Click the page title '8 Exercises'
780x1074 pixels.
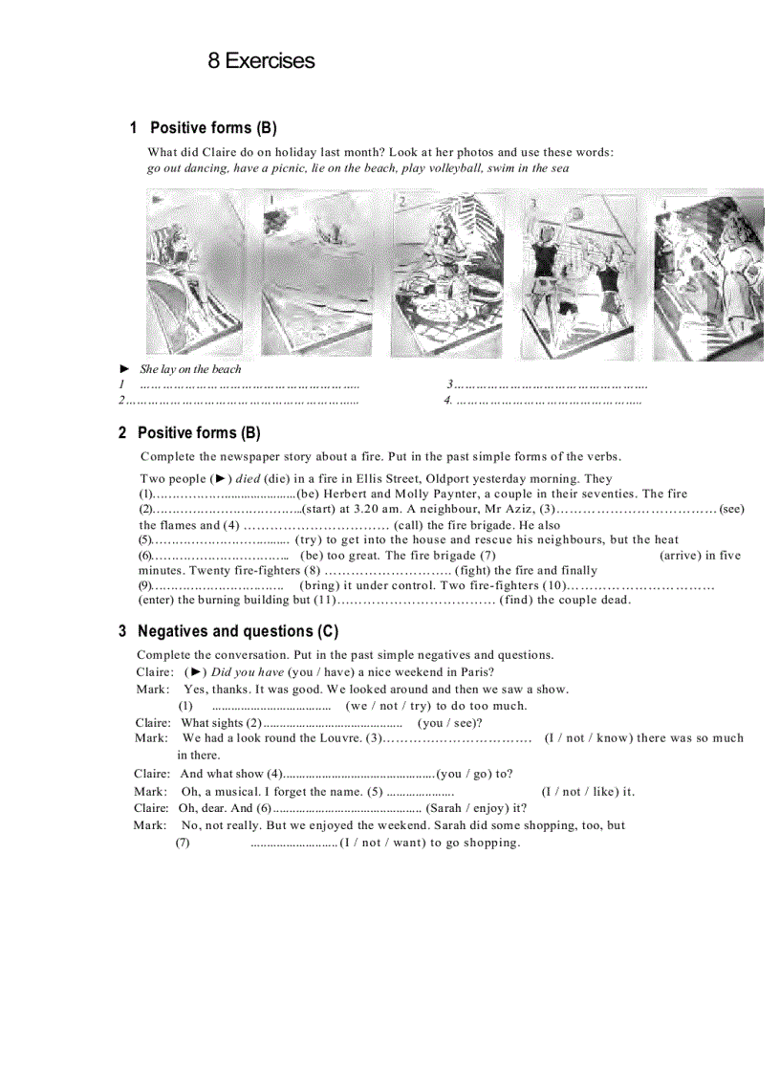(261, 61)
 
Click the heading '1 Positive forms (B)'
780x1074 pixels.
(204, 128)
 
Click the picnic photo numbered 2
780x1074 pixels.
(447, 274)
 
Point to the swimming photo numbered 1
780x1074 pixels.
(316, 274)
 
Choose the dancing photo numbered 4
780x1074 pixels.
(707, 274)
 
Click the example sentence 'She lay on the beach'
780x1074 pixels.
(190, 369)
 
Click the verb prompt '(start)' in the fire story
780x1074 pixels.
(318, 510)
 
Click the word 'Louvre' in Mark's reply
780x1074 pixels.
(339, 737)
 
